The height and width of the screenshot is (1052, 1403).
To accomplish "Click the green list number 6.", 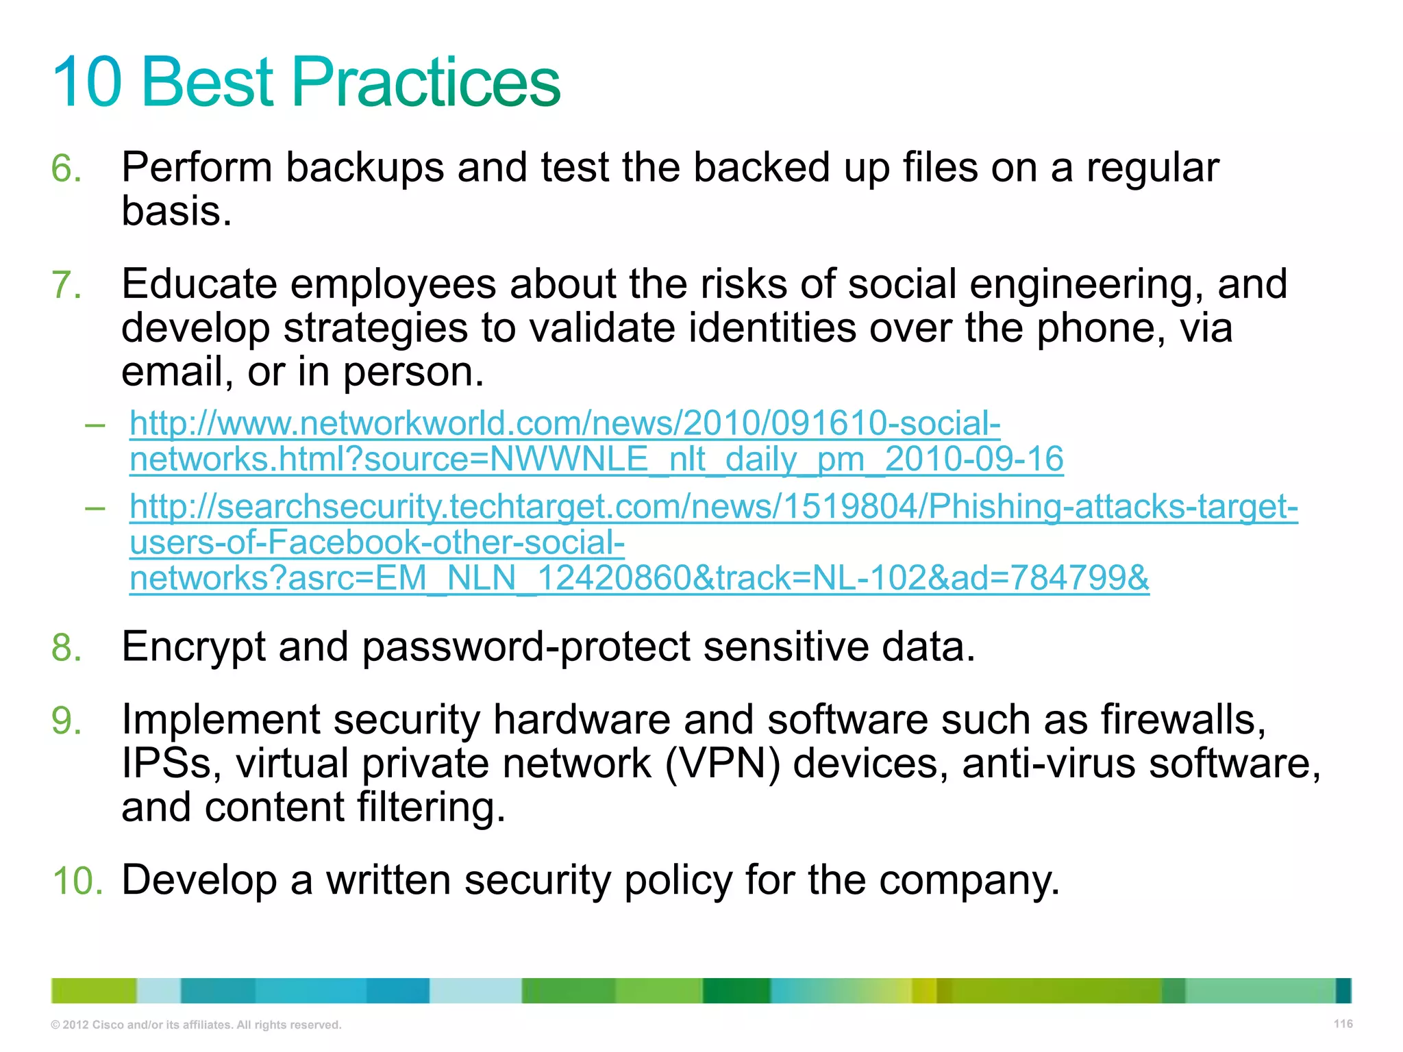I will click(66, 168).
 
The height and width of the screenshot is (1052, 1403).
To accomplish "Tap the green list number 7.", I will click(66, 285).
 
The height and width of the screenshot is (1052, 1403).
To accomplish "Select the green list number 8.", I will click(66, 647).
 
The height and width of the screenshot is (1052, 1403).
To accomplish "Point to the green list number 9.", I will click(66, 721).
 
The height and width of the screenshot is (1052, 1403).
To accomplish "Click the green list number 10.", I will click(77, 881).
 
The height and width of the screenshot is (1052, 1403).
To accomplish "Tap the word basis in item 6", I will click(175, 211).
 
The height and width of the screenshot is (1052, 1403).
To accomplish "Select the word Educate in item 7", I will click(199, 284).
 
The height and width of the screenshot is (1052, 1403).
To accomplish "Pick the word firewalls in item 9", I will click(1182, 721).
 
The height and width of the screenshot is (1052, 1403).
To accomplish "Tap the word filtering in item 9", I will click(430, 808).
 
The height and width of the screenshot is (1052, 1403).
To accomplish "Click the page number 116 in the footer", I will click(1343, 1024).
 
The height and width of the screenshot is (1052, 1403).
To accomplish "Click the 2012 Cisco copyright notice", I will click(196, 1025).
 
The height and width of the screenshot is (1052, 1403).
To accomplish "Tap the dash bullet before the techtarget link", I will click(95, 508).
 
